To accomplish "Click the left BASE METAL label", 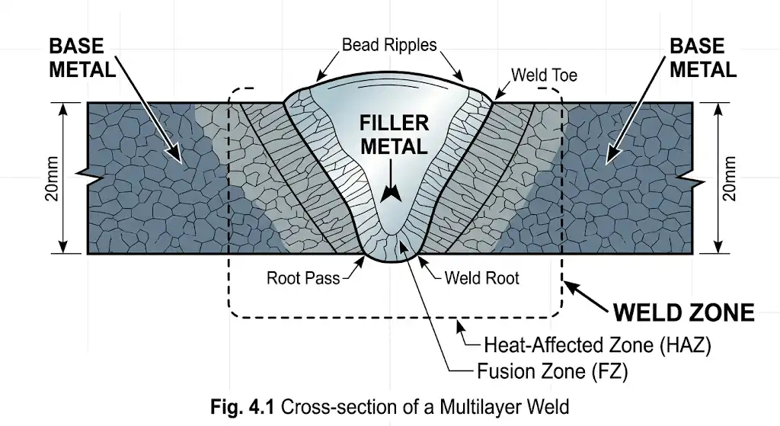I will [x=82, y=57].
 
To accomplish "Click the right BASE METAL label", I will [x=702, y=57].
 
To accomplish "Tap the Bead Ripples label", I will [x=389, y=45].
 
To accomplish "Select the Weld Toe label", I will [x=544, y=75].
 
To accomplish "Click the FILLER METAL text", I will [x=394, y=135].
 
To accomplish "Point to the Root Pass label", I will [x=302, y=277].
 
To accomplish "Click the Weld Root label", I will [x=481, y=277].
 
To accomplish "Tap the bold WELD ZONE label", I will [x=683, y=312].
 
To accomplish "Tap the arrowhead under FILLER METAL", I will [x=392, y=194].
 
